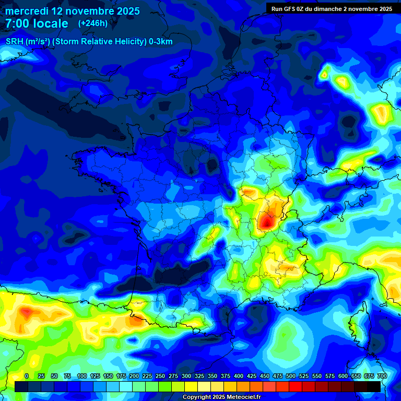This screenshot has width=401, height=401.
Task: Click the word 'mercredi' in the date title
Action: click(27, 11)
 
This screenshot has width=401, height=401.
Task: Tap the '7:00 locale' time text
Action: click(37, 23)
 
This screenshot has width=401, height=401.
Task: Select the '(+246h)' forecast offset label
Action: click(93, 23)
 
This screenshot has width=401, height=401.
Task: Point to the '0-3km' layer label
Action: click(161, 42)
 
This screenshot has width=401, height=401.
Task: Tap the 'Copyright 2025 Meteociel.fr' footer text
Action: click(221, 397)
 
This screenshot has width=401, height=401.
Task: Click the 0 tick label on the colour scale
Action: click(27, 376)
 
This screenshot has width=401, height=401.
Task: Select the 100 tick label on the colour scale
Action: click(82, 376)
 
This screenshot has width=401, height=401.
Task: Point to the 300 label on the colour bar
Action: click(186, 376)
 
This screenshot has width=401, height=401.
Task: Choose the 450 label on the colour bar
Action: click(265, 376)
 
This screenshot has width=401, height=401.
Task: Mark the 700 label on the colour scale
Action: click(382, 376)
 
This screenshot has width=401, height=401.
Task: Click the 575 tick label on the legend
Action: click(330, 376)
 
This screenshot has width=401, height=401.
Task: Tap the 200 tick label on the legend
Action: click(134, 376)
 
